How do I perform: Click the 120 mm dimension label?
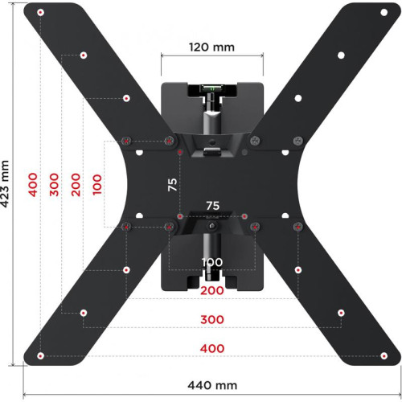tap(212, 47)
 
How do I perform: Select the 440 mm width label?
tap(211, 386)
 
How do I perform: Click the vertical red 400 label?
tap(33, 184)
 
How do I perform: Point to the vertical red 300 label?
tap(55, 184)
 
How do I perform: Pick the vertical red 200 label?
tap(76, 184)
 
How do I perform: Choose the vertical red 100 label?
tap(98, 184)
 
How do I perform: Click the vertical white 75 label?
tap(172, 184)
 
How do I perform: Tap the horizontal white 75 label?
tap(212, 206)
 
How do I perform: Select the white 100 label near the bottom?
tap(212, 263)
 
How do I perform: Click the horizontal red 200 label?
tap(212, 290)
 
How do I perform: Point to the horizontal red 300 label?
tap(212, 319)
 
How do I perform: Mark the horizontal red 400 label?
tap(212, 348)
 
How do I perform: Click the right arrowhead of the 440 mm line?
tap(397, 395)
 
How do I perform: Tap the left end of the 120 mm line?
tap(162, 56)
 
